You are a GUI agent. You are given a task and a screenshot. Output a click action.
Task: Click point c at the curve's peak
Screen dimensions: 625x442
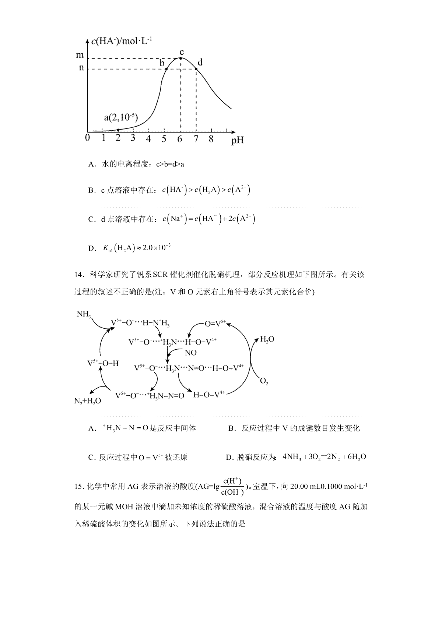[x=180, y=58]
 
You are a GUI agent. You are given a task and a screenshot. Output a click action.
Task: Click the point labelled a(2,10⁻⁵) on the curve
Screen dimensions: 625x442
[x=118, y=130]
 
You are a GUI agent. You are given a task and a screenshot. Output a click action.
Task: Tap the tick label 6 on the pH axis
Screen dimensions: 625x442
[x=180, y=139]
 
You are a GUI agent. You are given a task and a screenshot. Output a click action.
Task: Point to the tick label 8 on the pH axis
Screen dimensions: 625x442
[x=211, y=139]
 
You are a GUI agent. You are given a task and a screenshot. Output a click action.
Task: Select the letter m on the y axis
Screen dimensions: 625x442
[x=80, y=55]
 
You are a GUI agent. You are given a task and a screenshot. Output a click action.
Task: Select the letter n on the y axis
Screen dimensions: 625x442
[x=81, y=68]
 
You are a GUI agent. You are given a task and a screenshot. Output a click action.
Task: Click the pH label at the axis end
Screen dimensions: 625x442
[x=238, y=141]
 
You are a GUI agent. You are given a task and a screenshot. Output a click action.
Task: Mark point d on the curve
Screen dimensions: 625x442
[x=196, y=69]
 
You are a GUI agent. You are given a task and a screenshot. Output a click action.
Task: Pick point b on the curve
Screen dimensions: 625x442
[x=166, y=69]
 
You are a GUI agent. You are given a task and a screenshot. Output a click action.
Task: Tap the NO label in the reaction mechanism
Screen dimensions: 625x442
[x=190, y=353]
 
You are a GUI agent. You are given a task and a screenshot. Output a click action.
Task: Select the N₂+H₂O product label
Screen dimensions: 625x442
[x=88, y=401]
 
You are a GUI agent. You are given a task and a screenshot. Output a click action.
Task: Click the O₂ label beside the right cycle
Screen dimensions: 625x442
[x=264, y=381]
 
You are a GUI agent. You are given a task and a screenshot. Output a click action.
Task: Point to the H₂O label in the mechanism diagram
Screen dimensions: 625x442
[x=267, y=339]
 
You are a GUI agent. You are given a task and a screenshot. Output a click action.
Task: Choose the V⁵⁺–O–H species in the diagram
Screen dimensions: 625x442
[x=103, y=363]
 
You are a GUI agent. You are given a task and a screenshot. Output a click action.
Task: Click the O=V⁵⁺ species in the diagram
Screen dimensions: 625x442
[x=215, y=324]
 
